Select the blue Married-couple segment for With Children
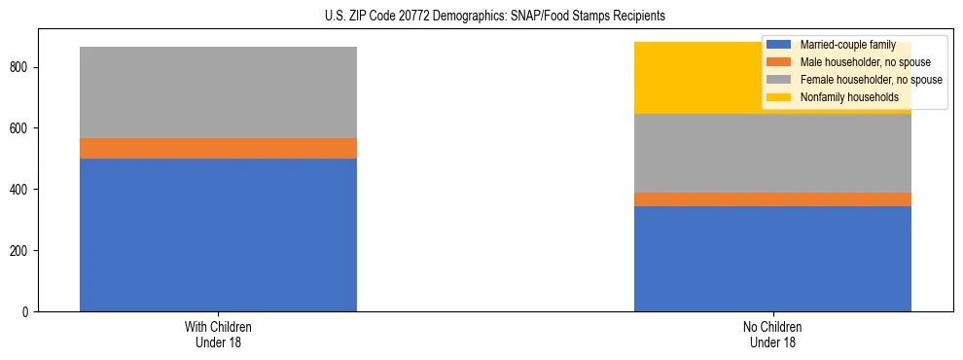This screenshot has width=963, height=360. point(218,234)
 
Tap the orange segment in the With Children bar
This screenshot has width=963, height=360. point(218,148)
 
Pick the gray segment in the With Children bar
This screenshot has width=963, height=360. point(218,92)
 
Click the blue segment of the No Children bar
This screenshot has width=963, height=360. point(772,259)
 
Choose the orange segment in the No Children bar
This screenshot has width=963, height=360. point(772,199)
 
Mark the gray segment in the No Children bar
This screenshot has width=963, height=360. point(772,153)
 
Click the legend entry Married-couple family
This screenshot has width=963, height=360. point(847,45)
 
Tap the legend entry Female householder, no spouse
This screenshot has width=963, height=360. point(871,80)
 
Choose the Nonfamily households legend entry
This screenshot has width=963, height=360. point(849,97)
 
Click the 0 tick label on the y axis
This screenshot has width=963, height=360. point(28,312)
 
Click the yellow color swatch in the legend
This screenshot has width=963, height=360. point(779,97)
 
